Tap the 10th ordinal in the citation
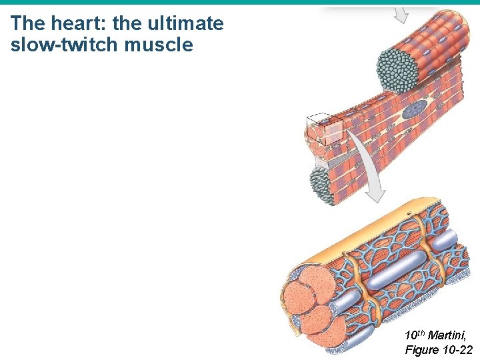pyautogui.click(x=414, y=335)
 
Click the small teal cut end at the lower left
pyautogui.click(x=323, y=183)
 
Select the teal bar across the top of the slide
pyautogui.click(x=240, y=3)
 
